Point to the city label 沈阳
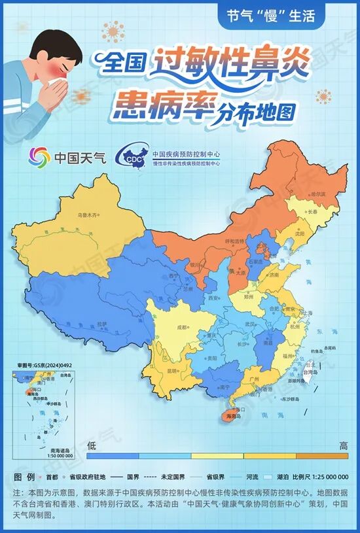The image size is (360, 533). tap(299, 233)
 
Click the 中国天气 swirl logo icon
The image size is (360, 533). tap(39, 158)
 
